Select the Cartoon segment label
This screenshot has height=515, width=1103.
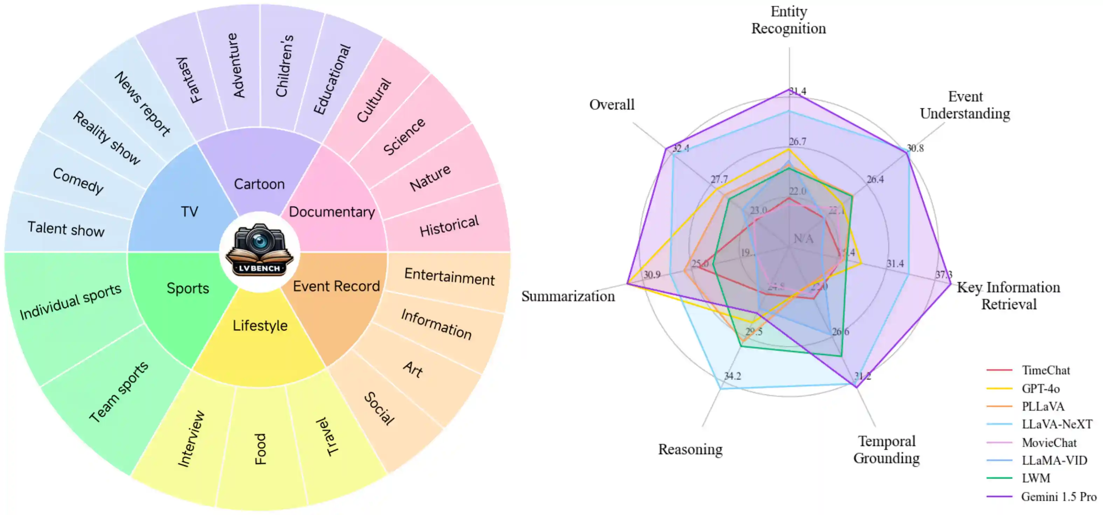click(x=259, y=184)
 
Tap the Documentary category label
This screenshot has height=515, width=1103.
click(x=332, y=212)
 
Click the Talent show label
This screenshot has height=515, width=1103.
click(x=66, y=229)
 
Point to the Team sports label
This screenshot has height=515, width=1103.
click(x=119, y=392)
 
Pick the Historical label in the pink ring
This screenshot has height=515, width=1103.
click(x=449, y=226)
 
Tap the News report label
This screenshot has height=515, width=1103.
click(x=143, y=104)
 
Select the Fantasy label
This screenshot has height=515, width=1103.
click(x=189, y=80)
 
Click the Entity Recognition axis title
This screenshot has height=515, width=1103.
click(x=789, y=20)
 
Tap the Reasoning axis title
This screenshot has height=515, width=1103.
click(x=690, y=449)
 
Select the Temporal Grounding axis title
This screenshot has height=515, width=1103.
click(x=886, y=449)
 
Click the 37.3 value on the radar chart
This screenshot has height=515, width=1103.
click(x=944, y=275)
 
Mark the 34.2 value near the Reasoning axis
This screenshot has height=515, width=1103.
click(x=732, y=376)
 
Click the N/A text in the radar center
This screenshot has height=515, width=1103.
click(x=803, y=239)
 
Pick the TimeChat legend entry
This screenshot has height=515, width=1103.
click(x=1046, y=370)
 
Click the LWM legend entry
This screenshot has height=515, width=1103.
click(x=1036, y=478)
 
